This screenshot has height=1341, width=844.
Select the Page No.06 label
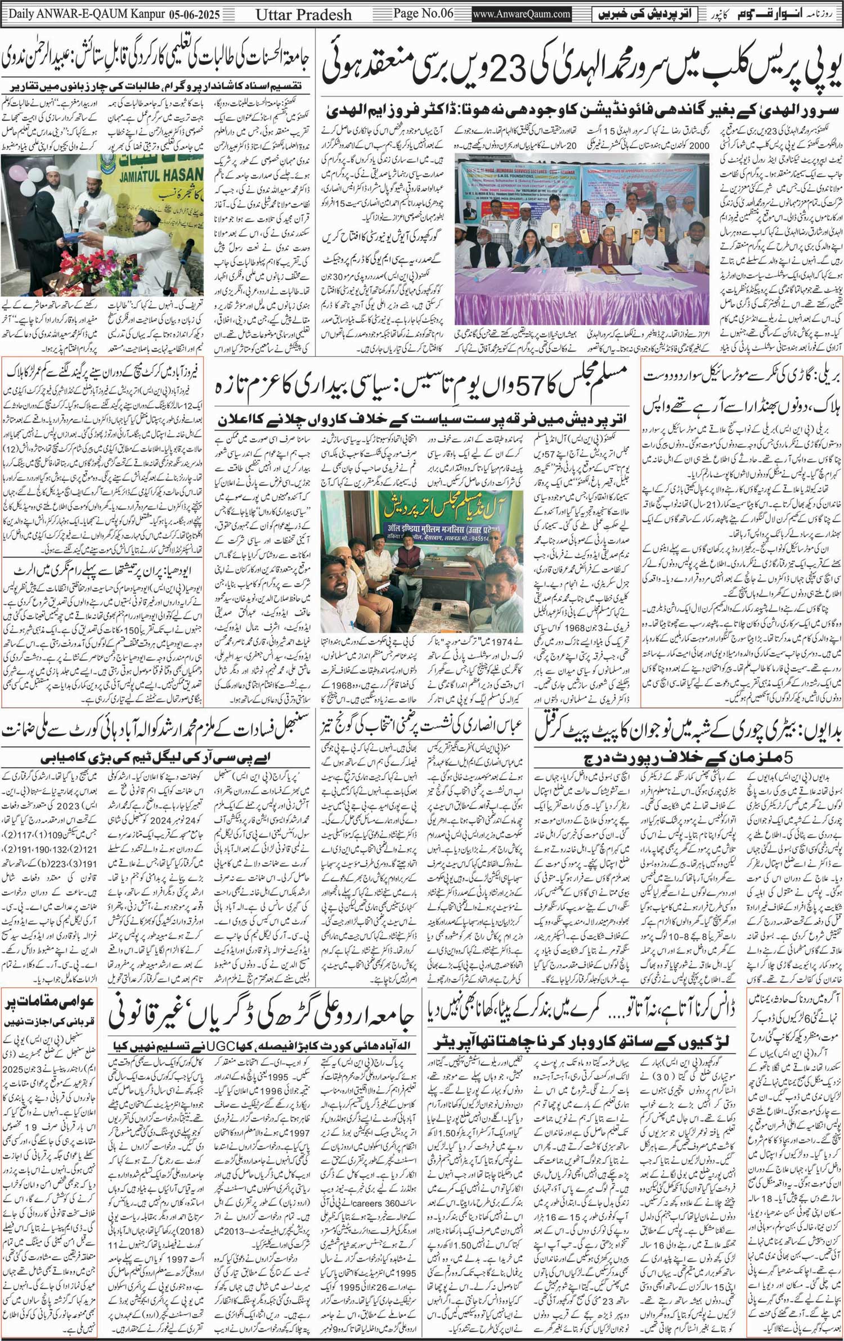[x=423, y=13]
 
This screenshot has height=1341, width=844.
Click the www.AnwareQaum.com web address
[x=522, y=14]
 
